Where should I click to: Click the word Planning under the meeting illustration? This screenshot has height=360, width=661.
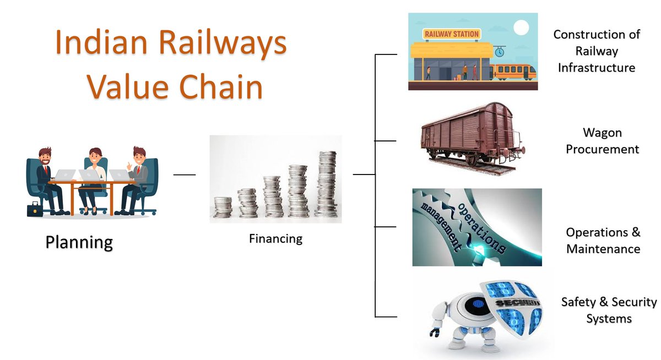[79, 242]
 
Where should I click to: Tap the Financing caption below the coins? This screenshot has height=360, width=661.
[275, 239]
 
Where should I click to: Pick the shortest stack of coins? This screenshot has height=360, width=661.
[223, 207]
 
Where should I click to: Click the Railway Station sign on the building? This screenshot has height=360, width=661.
[451, 34]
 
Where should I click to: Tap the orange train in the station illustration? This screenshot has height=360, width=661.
[514, 71]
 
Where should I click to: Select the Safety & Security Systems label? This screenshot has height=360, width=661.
[609, 310]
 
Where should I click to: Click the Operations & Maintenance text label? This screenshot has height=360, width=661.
[603, 241]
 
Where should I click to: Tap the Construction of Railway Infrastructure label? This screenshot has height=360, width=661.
[597, 51]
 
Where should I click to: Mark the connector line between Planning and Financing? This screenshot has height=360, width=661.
[185, 175]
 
